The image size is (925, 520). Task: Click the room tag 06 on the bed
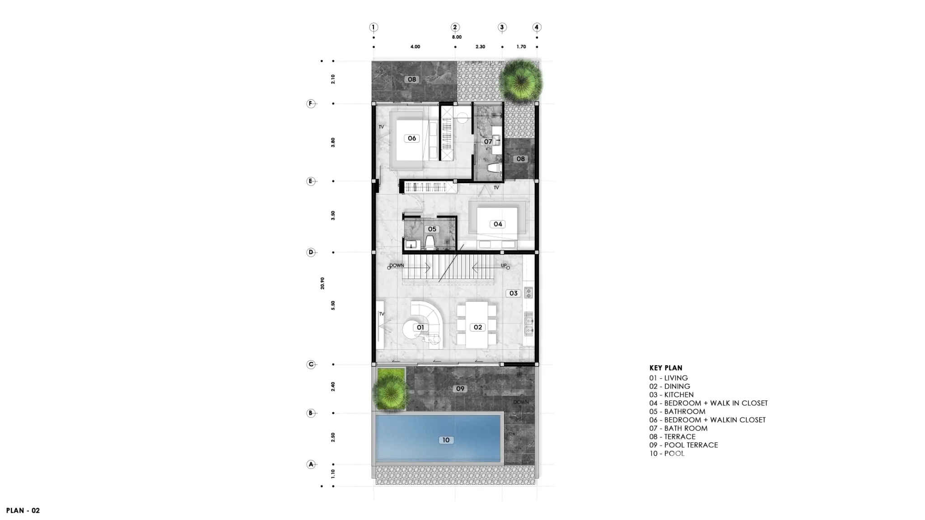[412, 138]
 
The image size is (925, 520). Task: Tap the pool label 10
[446, 440]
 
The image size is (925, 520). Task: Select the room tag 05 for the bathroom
[432, 229]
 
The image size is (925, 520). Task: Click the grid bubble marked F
[310, 103]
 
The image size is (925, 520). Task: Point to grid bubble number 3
[502, 27]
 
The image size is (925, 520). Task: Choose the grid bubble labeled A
[311, 464]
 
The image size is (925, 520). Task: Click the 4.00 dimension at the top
[415, 46]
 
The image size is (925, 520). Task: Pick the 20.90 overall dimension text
[322, 283]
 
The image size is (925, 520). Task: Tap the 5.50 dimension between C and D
[333, 305]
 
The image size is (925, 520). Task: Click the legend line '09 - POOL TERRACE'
[683, 445]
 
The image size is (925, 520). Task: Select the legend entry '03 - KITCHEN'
[671, 395]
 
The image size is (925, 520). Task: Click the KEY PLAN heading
[666, 368]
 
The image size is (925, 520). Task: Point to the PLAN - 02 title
[23, 511]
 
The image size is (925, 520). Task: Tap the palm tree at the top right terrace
[521, 81]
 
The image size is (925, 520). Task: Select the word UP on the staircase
[504, 265]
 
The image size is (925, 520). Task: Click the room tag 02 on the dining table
[478, 327]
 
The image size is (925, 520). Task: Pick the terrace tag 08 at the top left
[412, 79]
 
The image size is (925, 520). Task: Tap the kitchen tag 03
[514, 293]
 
